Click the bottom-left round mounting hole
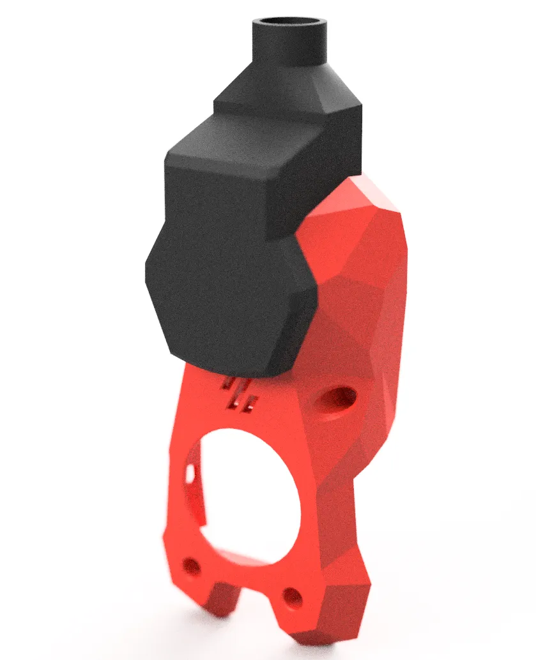tap(190, 566)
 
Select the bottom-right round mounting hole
tap(293, 597)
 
